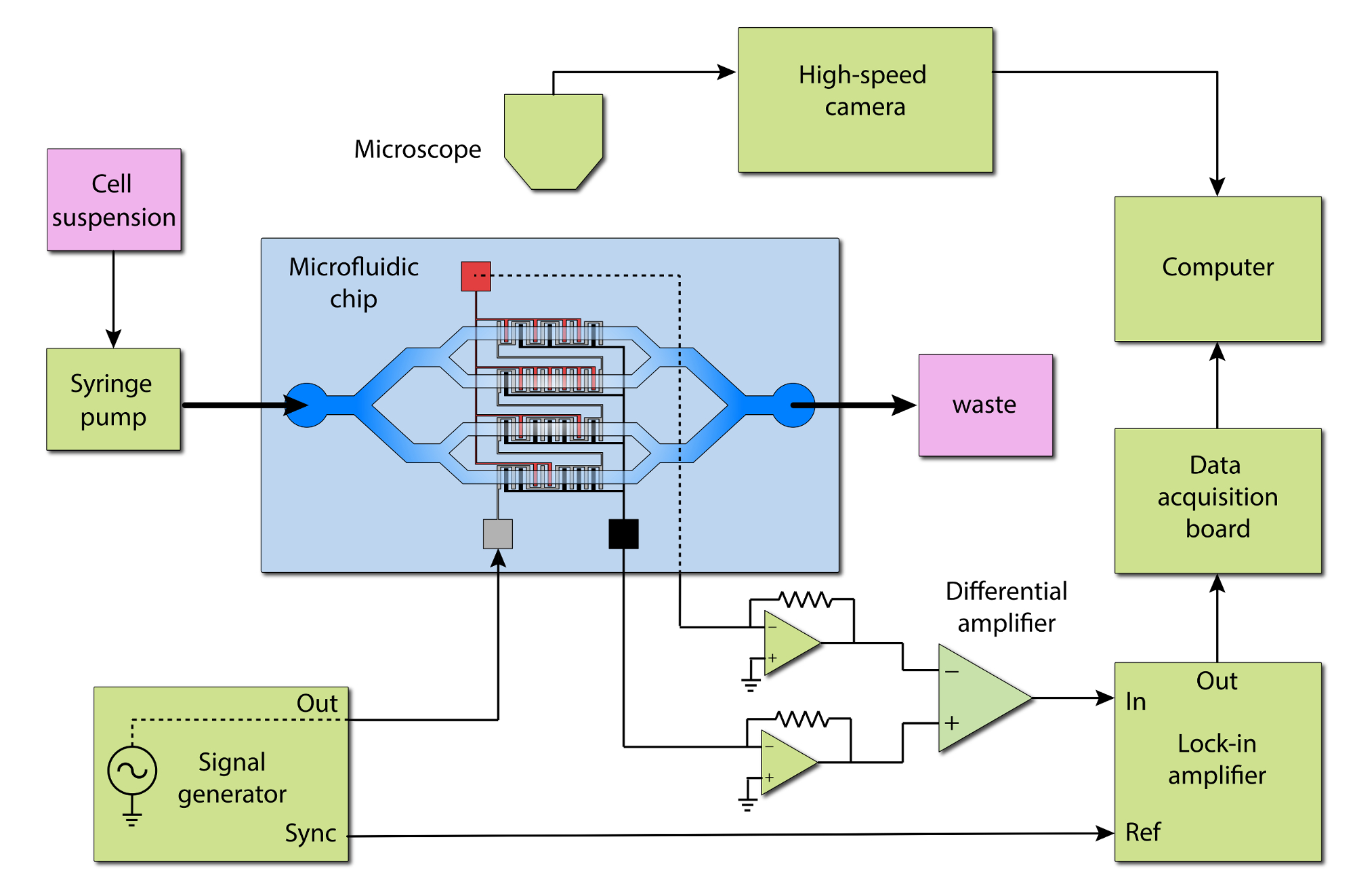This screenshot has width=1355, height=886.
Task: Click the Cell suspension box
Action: click(114, 200)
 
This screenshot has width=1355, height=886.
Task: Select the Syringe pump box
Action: click(113, 399)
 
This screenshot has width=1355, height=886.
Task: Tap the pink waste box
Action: click(985, 405)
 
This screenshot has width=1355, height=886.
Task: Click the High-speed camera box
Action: click(865, 100)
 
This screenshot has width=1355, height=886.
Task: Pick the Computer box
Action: click(1217, 268)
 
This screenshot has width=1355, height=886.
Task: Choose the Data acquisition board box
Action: click(1217, 500)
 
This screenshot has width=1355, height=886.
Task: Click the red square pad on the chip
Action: click(476, 277)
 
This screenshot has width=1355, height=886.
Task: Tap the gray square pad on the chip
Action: click(497, 534)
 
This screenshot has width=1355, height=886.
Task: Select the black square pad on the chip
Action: click(623, 534)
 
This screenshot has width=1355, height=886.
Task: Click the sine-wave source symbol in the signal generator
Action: click(132, 771)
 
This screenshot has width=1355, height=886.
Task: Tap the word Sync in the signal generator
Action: click(310, 833)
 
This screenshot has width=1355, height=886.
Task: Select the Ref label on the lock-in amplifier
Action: click(1143, 832)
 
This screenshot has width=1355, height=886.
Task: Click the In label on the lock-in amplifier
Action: click(1135, 702)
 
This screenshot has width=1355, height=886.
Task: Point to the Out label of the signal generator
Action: click(317, 704)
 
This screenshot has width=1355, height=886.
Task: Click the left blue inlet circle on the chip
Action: click(306, 405)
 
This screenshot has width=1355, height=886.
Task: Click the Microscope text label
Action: click(417, 149)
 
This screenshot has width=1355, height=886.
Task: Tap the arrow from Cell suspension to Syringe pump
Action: click(113, 298)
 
